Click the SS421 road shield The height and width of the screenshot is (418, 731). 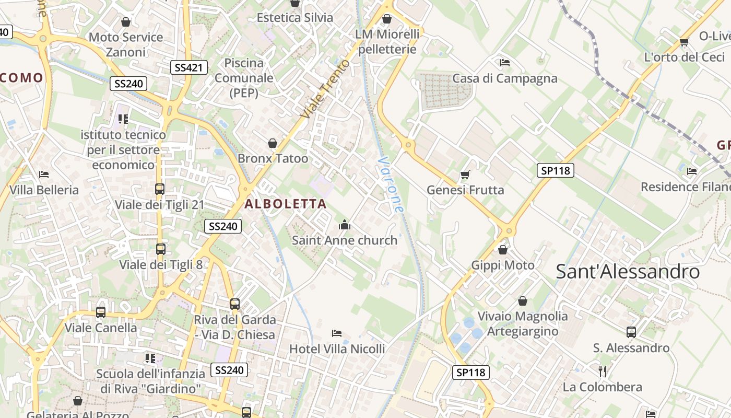(x=189, y=67)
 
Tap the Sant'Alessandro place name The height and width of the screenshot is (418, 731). (x=628, y=272)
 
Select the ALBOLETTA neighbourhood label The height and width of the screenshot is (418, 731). (x=286, y=204)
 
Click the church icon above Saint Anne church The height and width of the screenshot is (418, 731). (x=345, y=225)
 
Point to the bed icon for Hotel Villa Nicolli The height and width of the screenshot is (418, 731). (x=337, y=333)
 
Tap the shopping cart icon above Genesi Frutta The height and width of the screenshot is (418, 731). (x=465, y=175)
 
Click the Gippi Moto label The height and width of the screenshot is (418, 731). (x=503, y=265)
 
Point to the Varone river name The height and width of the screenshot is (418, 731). (x=391, y=184)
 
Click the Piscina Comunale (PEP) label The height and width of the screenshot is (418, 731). (x=244, y=78)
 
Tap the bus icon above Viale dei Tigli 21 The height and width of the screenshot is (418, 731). (x=160, y=189)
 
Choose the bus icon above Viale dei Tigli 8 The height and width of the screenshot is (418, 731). (x=161, y=249)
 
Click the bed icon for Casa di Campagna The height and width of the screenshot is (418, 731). (x=504, y=63)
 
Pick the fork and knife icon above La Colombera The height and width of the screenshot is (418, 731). (x=603, y=371)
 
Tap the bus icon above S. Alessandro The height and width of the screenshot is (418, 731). (x=631, y=332)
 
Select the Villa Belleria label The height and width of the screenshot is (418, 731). (x=44, y=190)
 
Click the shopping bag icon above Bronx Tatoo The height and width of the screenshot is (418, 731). (x=273, y=143)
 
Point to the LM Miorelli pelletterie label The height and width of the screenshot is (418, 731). (x=387, y=42)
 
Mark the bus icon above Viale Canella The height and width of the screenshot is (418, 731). (x=101, y=312)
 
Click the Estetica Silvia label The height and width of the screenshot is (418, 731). (x=295, y=18)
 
